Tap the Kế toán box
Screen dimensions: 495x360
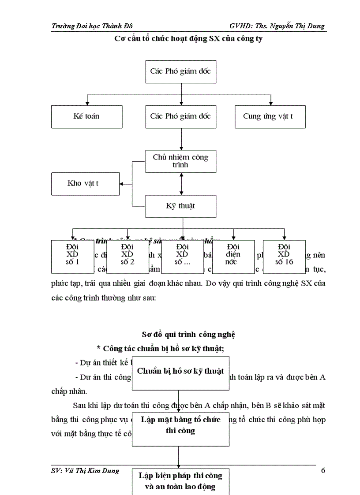(86, 116)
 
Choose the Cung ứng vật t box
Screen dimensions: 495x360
(270, 116)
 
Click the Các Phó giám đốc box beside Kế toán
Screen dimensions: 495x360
(181, 116)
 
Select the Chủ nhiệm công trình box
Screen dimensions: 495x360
(181, 161)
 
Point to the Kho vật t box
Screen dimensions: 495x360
(86, 183)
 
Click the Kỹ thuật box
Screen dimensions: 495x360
(181, 206)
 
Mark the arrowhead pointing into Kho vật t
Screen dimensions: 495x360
(123, 184)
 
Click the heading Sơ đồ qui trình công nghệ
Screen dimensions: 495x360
(188, 335)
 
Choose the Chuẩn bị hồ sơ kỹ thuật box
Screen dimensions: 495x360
(180, 371)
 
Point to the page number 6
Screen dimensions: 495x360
(323, 470)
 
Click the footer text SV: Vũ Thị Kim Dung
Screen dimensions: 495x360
(85, 470)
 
